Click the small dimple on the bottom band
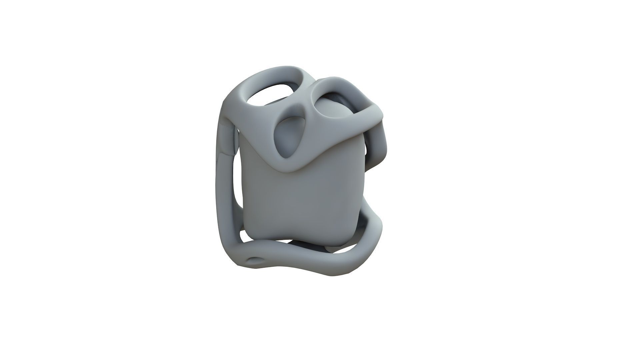(x=255, y=260)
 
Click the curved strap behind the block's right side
(x=377, y=147)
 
